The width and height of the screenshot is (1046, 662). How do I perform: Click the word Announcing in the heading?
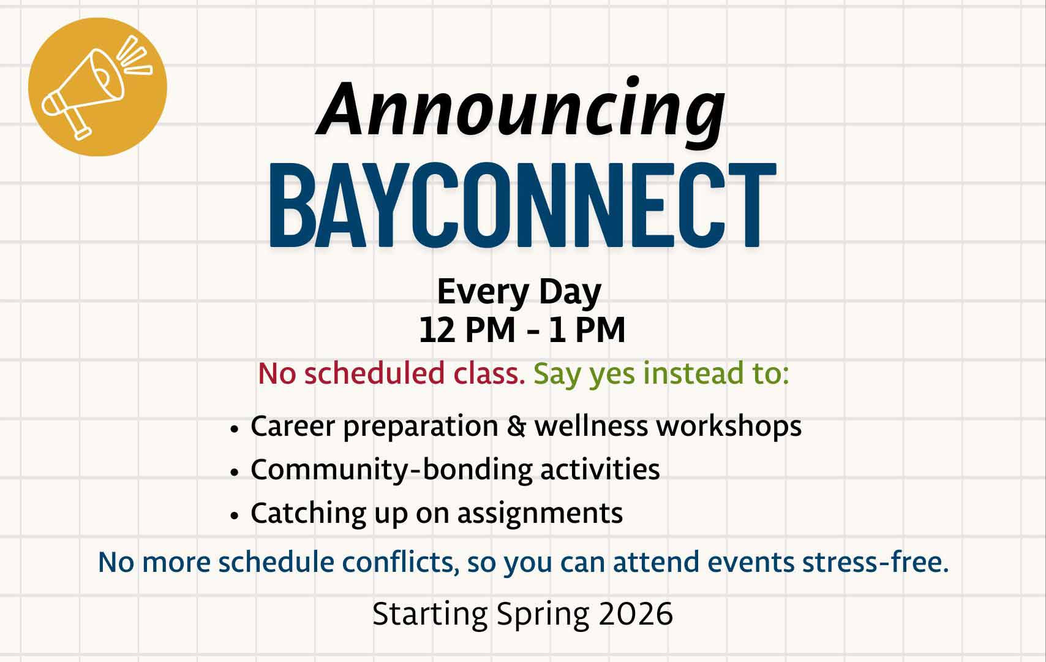pyautogui.click(x=521, y=110)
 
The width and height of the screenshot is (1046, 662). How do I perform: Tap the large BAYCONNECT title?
pyautogui.click(x=522, y=205)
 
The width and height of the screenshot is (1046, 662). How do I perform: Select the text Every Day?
pyautogui.click(x=519, y=292)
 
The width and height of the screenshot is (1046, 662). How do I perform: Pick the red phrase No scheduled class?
pyautogui.click(x=391, y=373)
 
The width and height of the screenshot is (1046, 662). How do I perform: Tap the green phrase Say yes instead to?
pyautogui.click(x=661, y=373)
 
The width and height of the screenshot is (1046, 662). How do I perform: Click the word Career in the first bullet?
pyautogui.click(x=293, y=426)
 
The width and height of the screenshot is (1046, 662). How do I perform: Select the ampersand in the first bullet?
pyautogui.click(x=516, y=426)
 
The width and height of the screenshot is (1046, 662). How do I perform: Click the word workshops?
pyautogui.click(x=729, y=426)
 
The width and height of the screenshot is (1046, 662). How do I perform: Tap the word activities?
pyautogui.click(x=600, y=470)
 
